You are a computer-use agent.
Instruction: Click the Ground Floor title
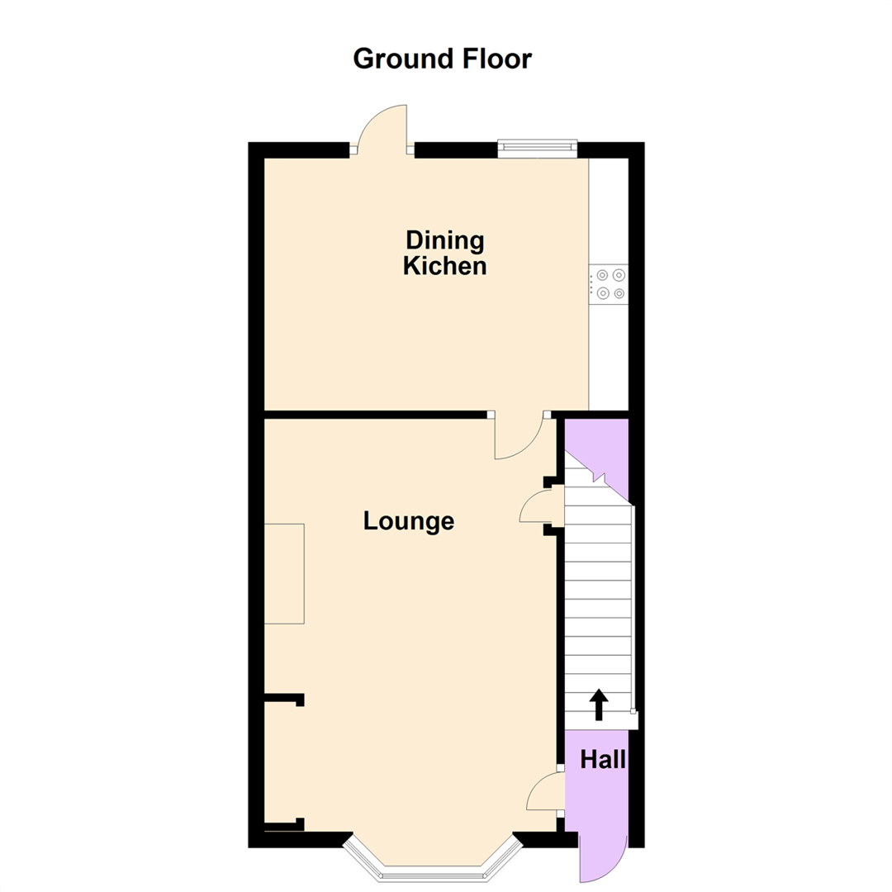click(x=442, y=59)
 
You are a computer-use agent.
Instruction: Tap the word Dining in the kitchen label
click(x=444, y=241)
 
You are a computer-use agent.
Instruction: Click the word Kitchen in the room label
click(x=444, y=267)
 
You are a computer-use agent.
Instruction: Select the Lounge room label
click(x=409, y=522)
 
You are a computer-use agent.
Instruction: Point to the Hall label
click(x=602, y=760)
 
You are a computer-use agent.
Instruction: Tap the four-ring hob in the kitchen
click(x=609, y=284)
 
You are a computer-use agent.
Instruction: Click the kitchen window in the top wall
click(x=537, y=148)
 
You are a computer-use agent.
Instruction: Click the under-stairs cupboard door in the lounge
click(x=541, y=505)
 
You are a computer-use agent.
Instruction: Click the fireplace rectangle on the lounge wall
click(x=284, y=573)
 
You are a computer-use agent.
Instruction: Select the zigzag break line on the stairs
click(x=598, y=477)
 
